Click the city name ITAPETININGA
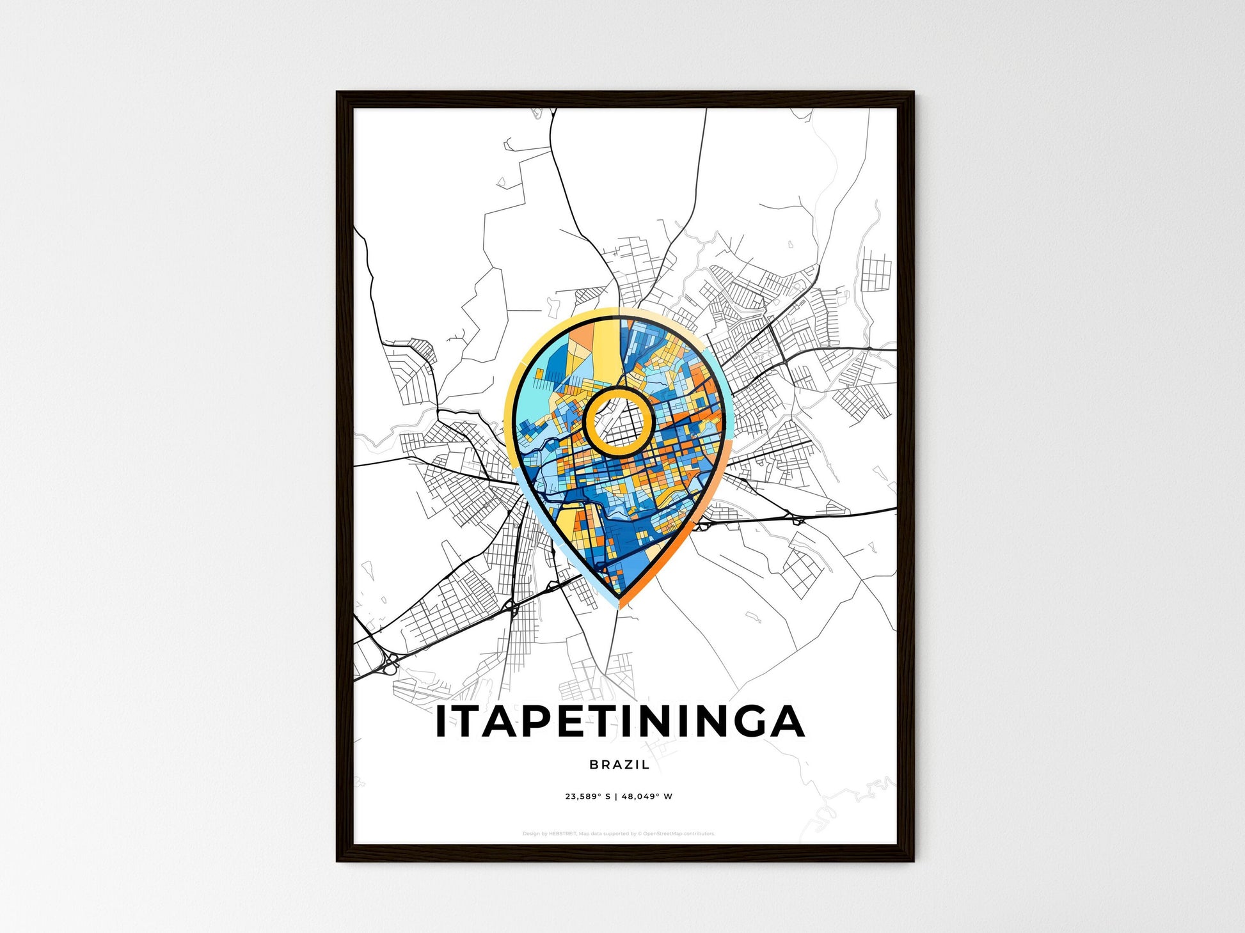click(x=619, y=722)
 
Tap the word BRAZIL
click(x=619, y=764)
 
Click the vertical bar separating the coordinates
click(x=616, y=797)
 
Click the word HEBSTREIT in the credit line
click(x=562, y=834)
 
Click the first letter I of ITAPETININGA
click(x=441, y=722)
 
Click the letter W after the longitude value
click(x=668, y=797)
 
